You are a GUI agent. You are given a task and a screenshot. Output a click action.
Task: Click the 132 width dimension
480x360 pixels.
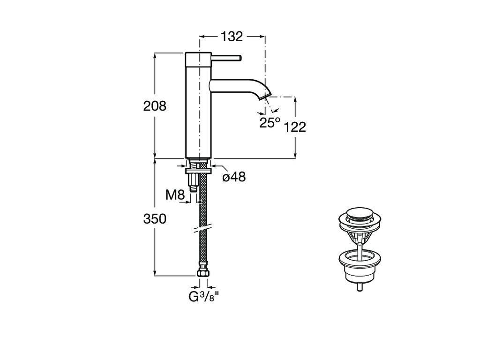(232, 37)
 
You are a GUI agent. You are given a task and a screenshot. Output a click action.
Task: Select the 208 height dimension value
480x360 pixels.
(155, 106)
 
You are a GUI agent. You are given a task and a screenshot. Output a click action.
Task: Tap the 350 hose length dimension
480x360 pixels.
(155, 219)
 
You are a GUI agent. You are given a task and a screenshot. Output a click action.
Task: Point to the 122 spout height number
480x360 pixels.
(295, 127)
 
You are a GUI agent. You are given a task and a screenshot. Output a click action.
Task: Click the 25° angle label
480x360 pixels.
(270, 122)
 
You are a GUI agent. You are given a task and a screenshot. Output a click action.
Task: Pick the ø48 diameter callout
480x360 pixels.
(234, 177)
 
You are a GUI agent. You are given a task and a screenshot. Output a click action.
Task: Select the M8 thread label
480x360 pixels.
(175, 195)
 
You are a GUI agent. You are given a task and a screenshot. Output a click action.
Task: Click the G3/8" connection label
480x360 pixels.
(204, 297)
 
